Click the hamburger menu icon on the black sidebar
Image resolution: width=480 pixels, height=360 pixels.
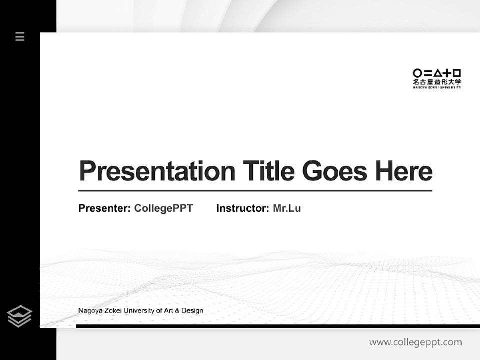[x=20, y=36]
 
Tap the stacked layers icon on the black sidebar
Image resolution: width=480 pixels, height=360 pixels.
[x=19, y=316]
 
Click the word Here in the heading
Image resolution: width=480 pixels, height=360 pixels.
[x=404, y=171]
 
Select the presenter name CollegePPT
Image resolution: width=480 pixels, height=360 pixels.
[x=163, y=208]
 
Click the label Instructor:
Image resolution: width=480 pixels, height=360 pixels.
[x=243, y=208]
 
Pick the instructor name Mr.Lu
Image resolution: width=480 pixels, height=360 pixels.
[x=287, y=208]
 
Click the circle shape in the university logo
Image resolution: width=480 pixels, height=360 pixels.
[x=417, y=73]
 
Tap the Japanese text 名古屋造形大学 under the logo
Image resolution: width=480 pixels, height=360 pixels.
[x=437, y=82]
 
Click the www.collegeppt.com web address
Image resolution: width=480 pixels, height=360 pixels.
[x=415, y=342]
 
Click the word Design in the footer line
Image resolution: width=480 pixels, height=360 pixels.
[x=192, y=310]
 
